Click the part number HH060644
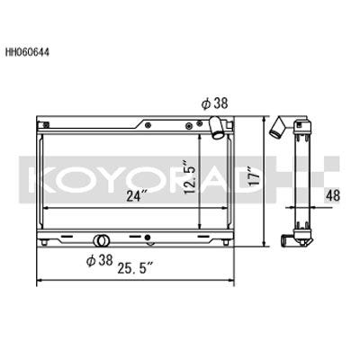27,52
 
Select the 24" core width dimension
134,196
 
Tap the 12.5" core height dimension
191,177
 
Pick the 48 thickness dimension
332,196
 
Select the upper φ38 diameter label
215,103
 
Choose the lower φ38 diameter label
100,260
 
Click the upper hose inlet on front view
217,128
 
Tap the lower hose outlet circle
101,240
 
